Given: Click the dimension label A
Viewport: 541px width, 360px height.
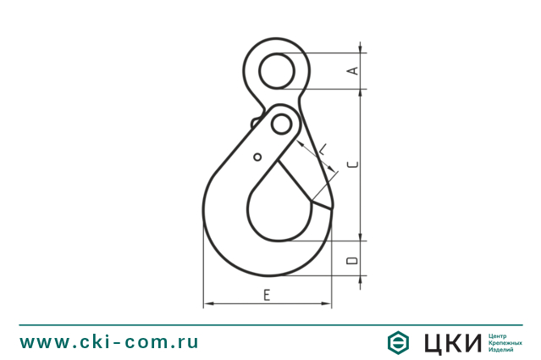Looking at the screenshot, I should click(x=354, y=71).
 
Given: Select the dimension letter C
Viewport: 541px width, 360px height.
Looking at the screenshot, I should click(x=354, y=163).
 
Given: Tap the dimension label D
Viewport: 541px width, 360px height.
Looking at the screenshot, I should click(x=353, y=258).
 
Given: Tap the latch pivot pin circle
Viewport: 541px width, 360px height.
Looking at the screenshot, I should click(x=280, y=125).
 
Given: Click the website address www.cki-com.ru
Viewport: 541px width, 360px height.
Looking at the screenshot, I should click(x=109, y=342).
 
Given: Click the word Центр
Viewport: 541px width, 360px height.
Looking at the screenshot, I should click(x=498, y=335).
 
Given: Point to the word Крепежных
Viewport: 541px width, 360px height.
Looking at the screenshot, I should click(x=505, y=342).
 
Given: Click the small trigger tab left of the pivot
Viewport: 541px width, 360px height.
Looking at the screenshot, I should click(x=254, y=123).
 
